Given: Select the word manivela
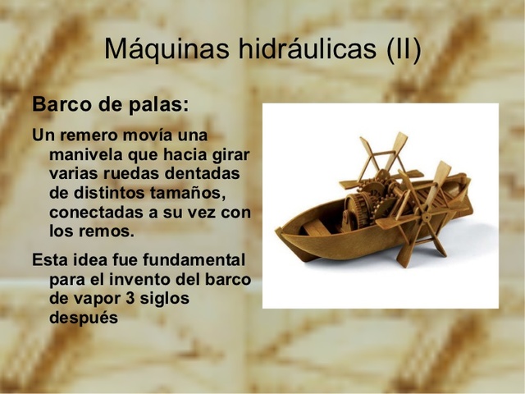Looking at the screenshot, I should click(84, 154).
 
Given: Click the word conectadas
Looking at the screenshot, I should click(98, 212).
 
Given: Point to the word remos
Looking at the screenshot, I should click(107, 231).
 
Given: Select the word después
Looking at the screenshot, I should click(84, 318).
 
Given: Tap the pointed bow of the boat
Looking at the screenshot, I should click(278, 232).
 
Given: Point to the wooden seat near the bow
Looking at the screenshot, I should click(315, 226).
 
